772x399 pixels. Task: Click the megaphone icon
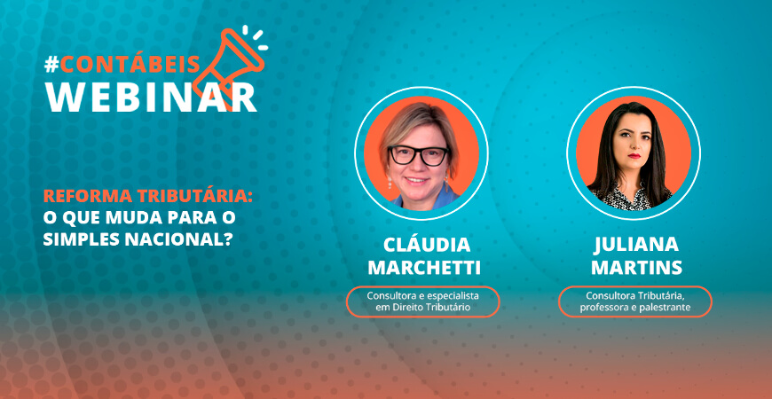pyautogui.click(x=232, y=63)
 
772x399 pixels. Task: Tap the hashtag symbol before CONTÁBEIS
pyautogui.click(x=51, y=65)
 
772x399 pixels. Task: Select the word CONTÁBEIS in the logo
pyautogui.click(x=130, y=65)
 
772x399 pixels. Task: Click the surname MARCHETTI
pyautogui.click(x=424, y=268)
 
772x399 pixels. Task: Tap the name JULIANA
pyautogui.click(x=636, y=245)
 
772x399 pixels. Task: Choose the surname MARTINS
pyautogui.click(x=636, y=268)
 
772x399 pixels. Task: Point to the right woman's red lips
pyautogui.click(x=634, y=156)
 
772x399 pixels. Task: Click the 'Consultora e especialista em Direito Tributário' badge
pyautogui.click(x=423, y=301)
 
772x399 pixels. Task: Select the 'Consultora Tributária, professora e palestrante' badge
pyautogui.click(x=635, y=301)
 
